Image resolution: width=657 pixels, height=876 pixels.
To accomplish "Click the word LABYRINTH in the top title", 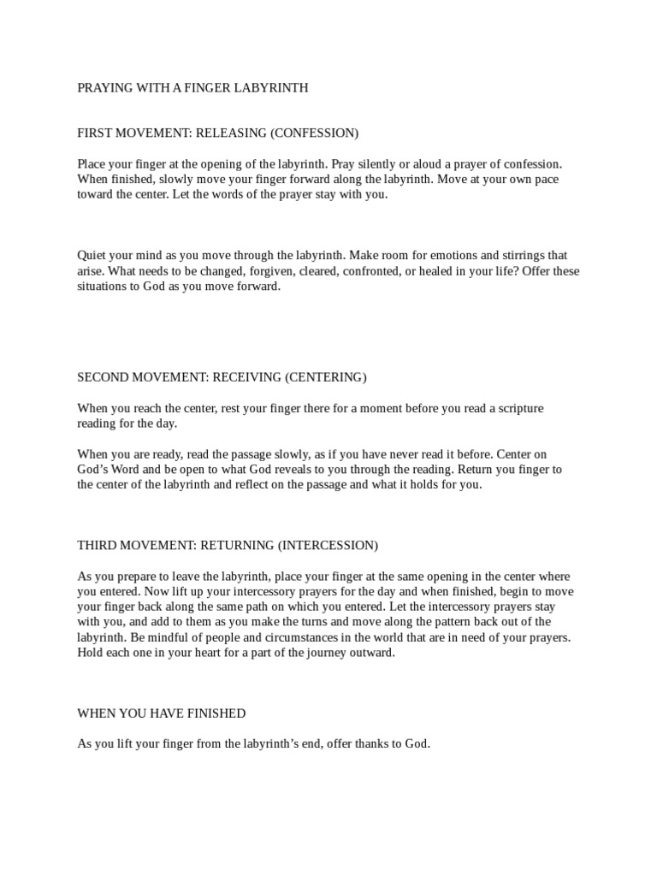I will [x=270, y=87].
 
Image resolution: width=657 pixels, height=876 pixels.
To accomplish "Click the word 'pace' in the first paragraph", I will [x=548, y=179].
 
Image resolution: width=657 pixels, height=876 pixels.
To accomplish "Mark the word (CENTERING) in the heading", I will [x=326, y=377].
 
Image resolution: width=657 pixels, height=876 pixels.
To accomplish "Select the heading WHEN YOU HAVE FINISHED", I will [x=161, y=713].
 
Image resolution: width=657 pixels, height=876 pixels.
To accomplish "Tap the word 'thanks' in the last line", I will [x=348, y=743].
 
